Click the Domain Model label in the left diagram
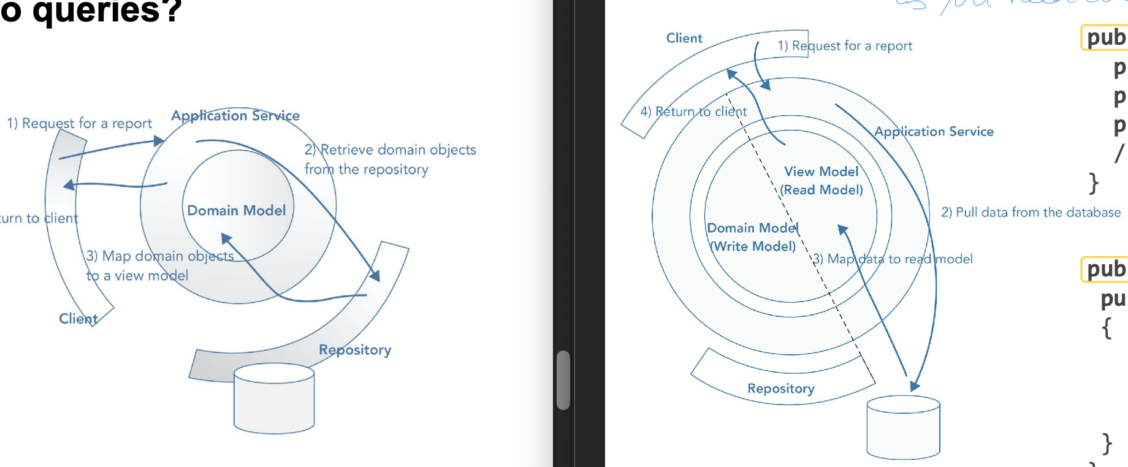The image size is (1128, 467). pyautogui.click(x=237, y=210)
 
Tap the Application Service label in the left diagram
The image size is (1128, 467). pyautogui.click(x=235, y=116)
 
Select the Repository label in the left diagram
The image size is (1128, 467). pyautogui.click(x=355, y=350)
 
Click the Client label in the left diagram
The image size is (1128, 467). pyautogui.click(x=78, y=319)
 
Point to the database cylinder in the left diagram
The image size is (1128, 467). pyautogui.click(x=274, y=399)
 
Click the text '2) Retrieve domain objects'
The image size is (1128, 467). pyautogui.click(x=391, y=150)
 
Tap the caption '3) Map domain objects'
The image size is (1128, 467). pyautogui.click(x=160, y=256)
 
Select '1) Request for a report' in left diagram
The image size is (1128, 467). pyautogui.click(x=80, y=123)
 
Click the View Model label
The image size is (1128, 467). pyautogui.click(x=821, y=172)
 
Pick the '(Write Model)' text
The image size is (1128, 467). pyautogui.click(x=753, y=246)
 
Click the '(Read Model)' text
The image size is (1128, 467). pyautogui.click(x=821, y=190)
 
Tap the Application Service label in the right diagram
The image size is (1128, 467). pyautogui.click(x=934, y=131)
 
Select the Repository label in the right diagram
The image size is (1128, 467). pyautogui.click(x=781, y=389)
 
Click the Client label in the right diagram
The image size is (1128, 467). pyautogui.click(x=684, y=38)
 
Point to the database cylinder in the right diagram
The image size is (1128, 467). pyautogui.click(x=903, y=428)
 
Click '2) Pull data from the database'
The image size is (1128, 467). pyautogui.click(x=1031, y=212)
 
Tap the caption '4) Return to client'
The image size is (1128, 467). pyautogui.click(x=693, y=112)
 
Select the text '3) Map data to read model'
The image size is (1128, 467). pyautogui.click(x=893, y=259)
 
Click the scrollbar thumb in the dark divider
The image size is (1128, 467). pyautogui.click(x=563, y=380)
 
